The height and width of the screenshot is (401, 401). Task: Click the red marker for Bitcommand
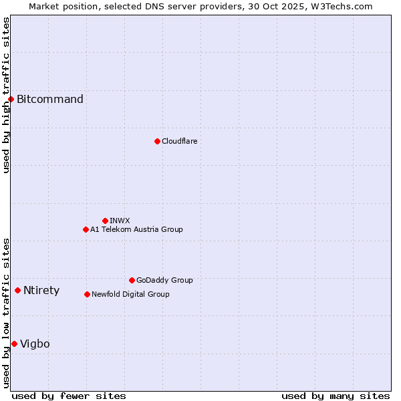[x=11, y=100]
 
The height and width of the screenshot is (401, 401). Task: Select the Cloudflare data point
[x=157, y=141]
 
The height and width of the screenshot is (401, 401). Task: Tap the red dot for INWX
[x=105, y=221]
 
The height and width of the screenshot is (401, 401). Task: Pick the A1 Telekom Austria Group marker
[x=86, y=229]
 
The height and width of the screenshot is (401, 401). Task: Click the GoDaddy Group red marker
[x=132, y=280]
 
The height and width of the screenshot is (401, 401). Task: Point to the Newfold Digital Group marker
[x=87, y=294]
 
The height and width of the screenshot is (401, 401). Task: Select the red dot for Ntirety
[x=17, y=290]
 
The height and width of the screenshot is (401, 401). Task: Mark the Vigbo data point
[x=14, y=344]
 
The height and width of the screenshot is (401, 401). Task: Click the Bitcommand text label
[x=50, y=100]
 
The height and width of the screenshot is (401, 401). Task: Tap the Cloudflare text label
[x=179, y=141]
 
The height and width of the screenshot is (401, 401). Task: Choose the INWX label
[x=120, y=221]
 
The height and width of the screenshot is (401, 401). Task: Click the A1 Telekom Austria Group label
[x=136, y=229]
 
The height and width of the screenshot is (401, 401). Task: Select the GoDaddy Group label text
[x=164, y=280]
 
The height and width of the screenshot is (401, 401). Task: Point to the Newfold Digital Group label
[x=130, y=294]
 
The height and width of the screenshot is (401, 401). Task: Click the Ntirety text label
[x=41, y=290]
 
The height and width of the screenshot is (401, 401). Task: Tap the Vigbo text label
[x=35, y=344]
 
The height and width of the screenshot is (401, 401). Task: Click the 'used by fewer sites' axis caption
[x=69, y=396]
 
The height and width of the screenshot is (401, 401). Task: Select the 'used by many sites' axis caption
[x=336, y=396]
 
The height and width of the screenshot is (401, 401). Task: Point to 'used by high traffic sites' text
[x=6, y=95]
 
